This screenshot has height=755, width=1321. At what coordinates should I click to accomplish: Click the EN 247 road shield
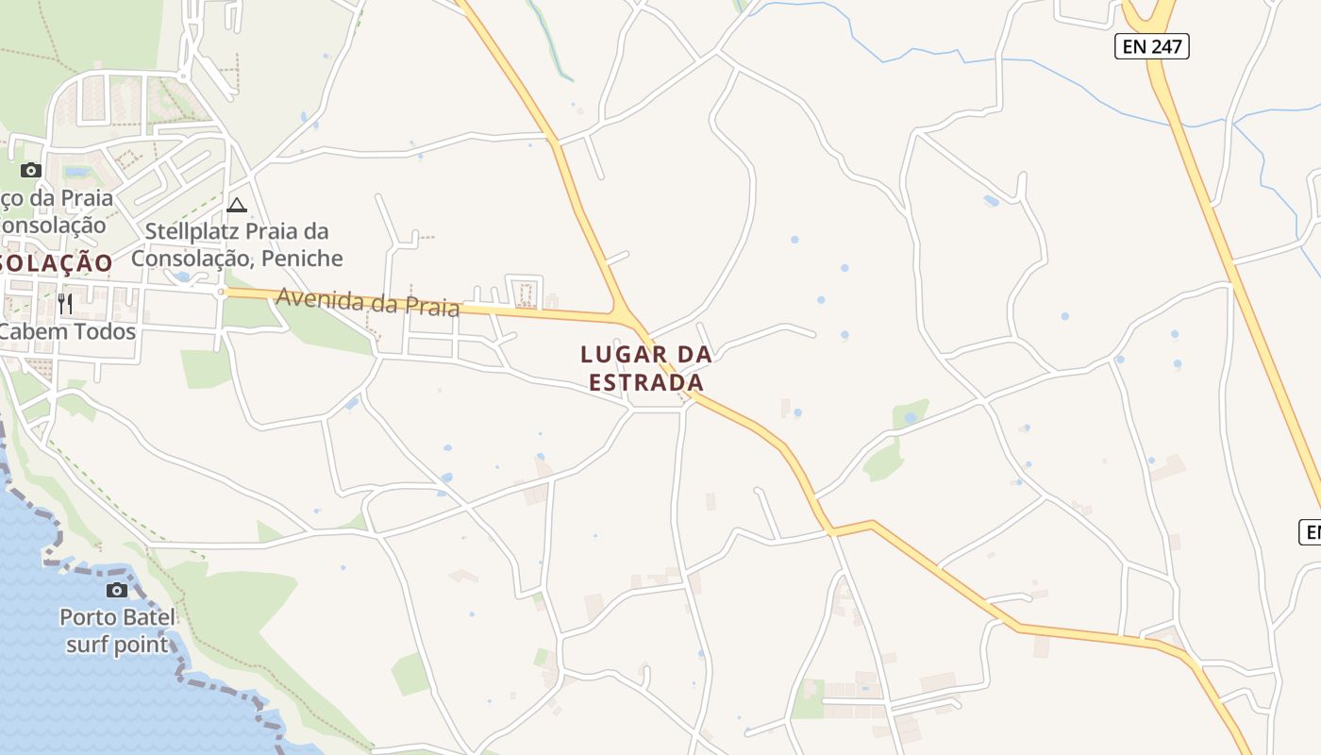click(x=1151, y=46)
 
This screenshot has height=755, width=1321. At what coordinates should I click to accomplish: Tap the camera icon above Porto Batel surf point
click(x=117, y=590)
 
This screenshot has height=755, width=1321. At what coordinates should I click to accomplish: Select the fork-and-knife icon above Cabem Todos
click(x=65, y=303)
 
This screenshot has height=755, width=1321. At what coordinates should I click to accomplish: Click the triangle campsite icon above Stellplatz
click(x=237, y=205)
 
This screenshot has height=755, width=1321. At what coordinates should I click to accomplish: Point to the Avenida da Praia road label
click(x=368, y=303)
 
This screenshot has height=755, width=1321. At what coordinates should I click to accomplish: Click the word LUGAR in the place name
click(x=617, y=355)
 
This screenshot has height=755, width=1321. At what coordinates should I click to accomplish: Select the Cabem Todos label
click(x=68, y=332)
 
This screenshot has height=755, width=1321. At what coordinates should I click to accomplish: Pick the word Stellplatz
click(x=192, y=231)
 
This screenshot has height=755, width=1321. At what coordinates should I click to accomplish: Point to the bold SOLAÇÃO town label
click(x=57, y=263)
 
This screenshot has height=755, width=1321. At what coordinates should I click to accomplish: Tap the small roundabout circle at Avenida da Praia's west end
click(x=222, y=293)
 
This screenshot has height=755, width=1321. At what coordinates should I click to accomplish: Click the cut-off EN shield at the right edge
click(x=1311, y=532)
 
